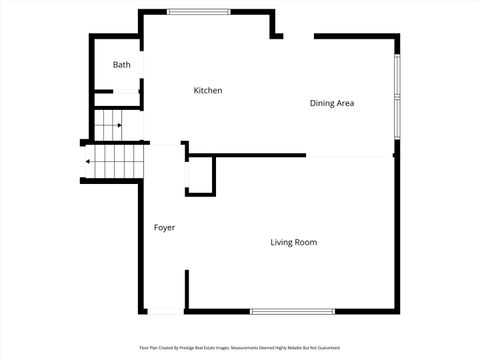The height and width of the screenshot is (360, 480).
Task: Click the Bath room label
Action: coord(121,65)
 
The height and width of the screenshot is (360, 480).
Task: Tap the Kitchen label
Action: coord(208,91)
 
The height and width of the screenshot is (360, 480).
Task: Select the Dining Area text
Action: coord(332,103)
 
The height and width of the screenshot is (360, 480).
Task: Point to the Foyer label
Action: coord(164,228)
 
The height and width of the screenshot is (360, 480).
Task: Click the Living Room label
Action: coord(294,242)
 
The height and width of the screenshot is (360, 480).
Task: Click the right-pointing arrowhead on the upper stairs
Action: coord(120,125)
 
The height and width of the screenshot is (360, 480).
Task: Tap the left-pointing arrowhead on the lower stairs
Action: coord(88,160)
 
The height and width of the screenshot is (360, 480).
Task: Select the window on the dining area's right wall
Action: coord(397,95)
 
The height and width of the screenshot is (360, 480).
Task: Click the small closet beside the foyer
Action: coord(199,175)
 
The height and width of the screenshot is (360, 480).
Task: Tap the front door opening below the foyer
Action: coord(164,311)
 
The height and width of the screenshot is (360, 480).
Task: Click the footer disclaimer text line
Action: coord(240,348)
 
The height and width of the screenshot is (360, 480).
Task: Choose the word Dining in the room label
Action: coord(321,103)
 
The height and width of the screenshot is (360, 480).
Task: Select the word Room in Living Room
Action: coord(306,242)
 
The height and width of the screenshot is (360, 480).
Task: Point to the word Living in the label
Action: coord(281,242)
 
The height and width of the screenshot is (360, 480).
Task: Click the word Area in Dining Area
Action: coord(345,103)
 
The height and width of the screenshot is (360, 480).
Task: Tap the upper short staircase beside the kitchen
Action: coord(108,125)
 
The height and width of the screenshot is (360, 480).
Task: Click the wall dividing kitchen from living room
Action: coord(250,155)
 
